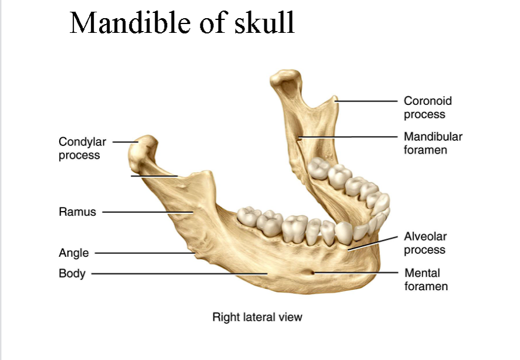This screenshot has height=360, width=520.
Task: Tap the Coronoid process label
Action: point(427,108)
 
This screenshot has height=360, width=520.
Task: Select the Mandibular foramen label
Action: point(433,143)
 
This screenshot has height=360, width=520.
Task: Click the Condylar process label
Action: point(82,148)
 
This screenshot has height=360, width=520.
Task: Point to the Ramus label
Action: point(77,212)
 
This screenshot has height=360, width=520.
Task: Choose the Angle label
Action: point(74,253)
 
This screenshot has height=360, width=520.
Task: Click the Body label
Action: point(72,273)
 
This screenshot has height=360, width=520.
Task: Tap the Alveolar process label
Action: point(424,243)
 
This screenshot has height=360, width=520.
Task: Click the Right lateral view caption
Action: point(257,317)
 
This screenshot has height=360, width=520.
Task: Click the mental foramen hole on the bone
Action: point(311,272)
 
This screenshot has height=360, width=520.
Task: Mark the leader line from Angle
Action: point(144,253)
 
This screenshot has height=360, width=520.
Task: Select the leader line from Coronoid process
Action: point(366,101)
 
